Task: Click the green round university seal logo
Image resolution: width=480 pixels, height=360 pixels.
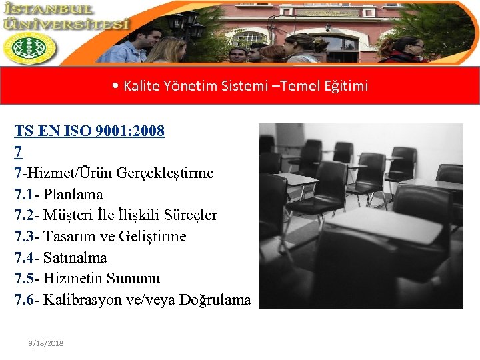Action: point(29,49)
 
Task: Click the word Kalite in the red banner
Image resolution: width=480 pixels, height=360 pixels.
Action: point(138,86)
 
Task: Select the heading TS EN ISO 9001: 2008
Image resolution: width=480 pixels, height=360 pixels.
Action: point(90,131)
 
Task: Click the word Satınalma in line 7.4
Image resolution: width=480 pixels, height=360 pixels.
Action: point(75,258)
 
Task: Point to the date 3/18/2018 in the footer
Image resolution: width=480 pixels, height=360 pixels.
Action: point(46,343)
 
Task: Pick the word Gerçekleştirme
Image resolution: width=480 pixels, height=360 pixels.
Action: point(165,173)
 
